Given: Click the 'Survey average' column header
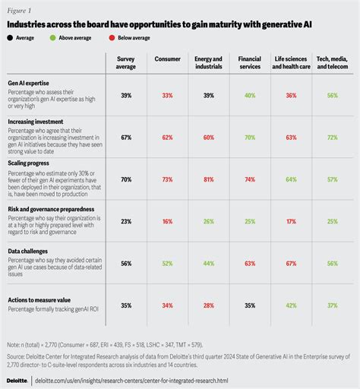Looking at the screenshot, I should coord(126,62).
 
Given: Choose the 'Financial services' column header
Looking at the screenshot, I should coord(250,62).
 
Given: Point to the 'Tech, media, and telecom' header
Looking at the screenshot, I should coord(331,62).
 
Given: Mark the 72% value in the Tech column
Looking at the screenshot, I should coord(331,117).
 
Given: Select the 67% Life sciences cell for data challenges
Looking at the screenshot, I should coord(290,264).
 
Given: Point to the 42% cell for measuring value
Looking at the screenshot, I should coord(290,305).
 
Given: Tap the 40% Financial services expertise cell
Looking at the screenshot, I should coord(250,96).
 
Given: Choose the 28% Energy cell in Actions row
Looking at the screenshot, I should coord(208,305).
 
